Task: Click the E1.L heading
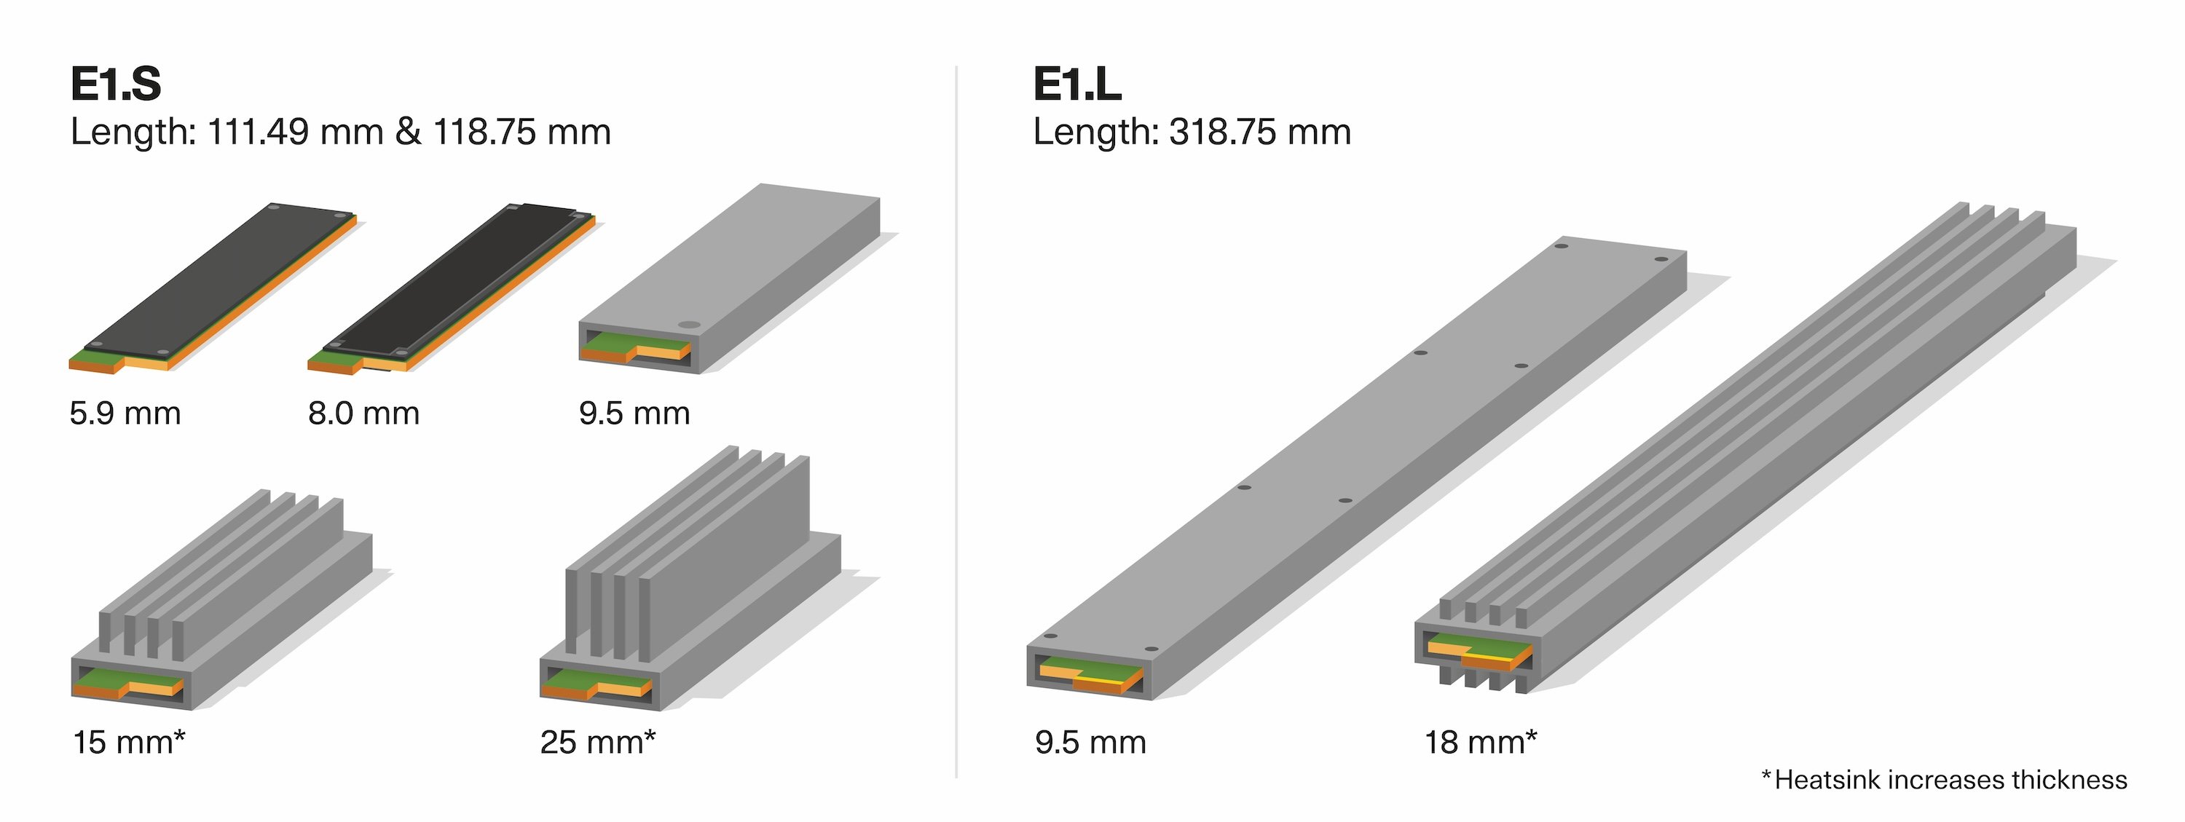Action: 1076,84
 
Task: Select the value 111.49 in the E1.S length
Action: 257,133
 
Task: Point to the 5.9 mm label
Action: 125,414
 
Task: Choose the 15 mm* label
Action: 129,742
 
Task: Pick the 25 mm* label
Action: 597,742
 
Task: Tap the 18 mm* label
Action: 1479,742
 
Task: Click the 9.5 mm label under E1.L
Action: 1090,742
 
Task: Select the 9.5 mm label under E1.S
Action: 634,414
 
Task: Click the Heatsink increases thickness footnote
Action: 1944,780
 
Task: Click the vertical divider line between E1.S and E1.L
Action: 956,424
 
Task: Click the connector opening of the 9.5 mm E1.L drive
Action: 1090,675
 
